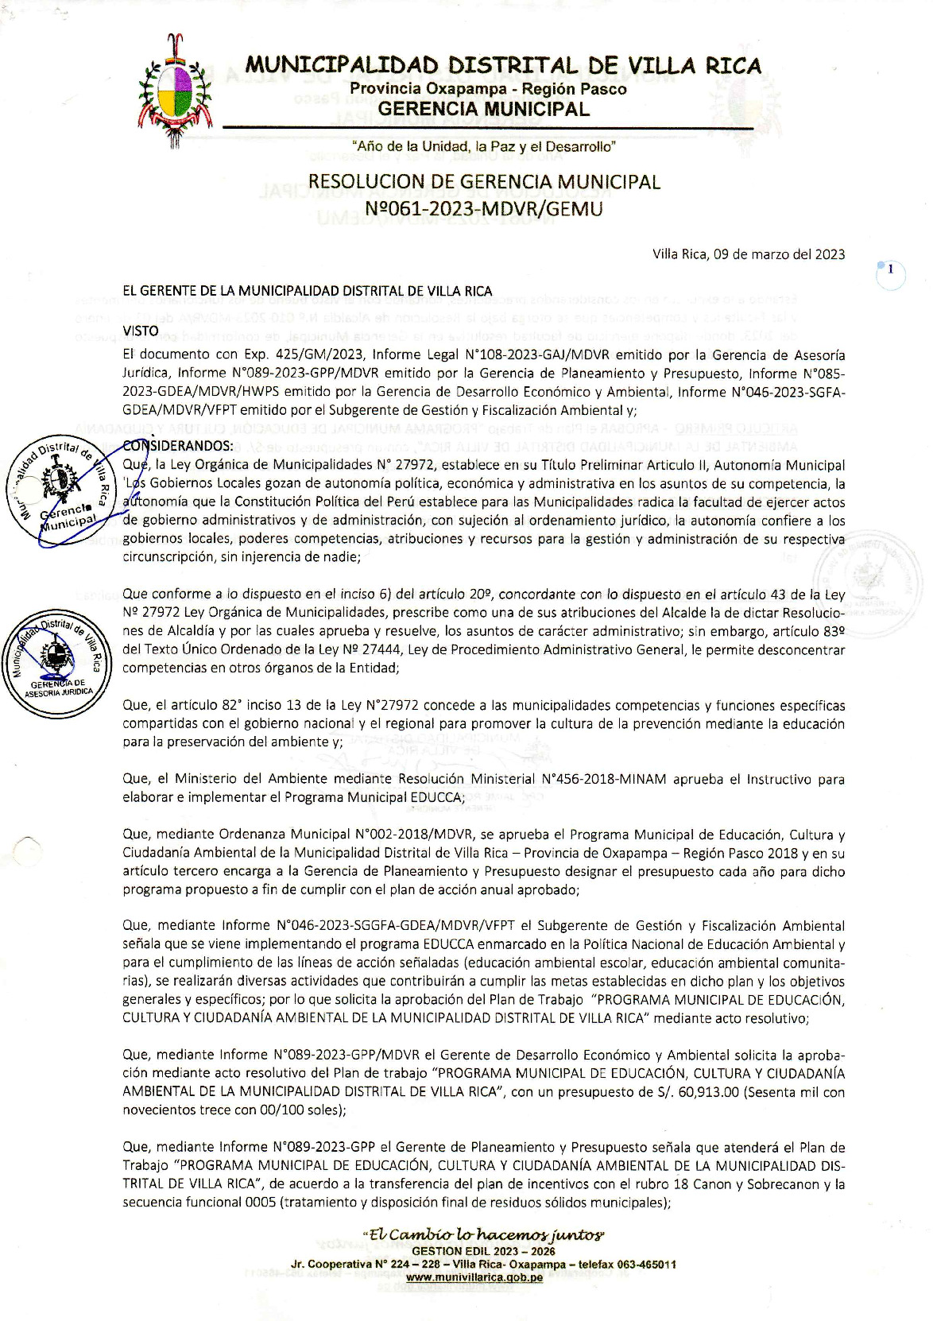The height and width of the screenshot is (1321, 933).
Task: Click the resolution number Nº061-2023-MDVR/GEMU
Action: click(483, 209)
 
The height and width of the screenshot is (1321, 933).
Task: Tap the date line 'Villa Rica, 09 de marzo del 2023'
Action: click(749, 254)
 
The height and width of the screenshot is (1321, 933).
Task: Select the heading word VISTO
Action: click(141, 331)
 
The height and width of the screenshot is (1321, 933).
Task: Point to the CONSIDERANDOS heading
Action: click(178, 445)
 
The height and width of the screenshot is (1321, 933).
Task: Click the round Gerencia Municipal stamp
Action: click(62, 493)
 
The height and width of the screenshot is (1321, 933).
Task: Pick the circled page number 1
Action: click(891, 270)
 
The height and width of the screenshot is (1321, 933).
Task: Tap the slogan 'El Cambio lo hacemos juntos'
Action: click(484, 1235)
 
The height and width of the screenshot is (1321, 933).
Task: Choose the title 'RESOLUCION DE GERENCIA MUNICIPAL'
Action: click(484, 182)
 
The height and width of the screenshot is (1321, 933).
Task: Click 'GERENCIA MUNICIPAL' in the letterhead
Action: click(484, 109)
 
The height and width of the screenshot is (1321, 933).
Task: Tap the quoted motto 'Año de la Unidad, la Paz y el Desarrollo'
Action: click(484, 146)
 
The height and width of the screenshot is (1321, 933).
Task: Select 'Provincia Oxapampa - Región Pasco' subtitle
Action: click(488, 89)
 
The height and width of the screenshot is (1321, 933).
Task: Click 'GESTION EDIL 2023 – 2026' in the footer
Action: click(484, 1251)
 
